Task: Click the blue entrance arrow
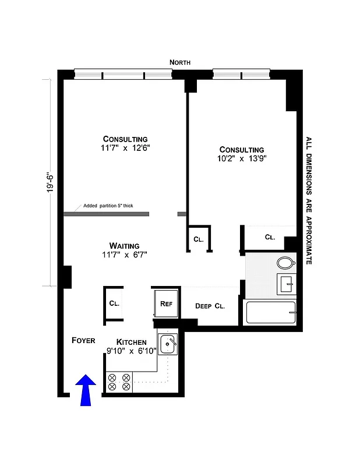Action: coord(86,390)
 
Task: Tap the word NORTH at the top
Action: coord(180,62)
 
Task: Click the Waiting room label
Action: coord(124,245)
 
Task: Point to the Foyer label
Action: coord(83,340)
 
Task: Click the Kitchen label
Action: coord(132,342)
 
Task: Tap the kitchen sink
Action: coord(168,344)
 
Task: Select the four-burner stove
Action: coord(119,382)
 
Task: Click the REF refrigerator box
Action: coord(166,303)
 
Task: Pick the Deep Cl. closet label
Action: coord(210,306)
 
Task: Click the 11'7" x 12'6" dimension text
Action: coord(125,149)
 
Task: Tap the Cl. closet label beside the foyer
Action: coord(114,303)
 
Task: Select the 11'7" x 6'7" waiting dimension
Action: coord(124,255)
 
